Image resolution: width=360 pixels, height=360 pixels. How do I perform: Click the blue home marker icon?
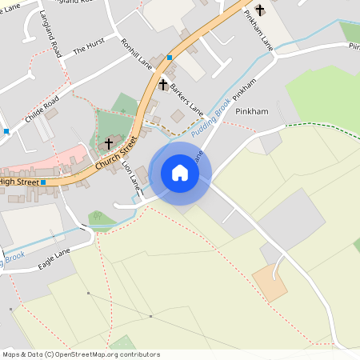[179, 173]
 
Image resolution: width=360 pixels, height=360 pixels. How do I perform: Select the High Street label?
[18, 182]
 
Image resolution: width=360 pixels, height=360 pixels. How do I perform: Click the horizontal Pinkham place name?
[251, 111]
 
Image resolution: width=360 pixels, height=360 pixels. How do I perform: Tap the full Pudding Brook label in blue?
[210, 112]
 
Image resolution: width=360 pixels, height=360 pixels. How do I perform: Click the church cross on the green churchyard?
[109, 144]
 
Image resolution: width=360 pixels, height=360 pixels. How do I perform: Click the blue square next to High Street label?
[44, 182]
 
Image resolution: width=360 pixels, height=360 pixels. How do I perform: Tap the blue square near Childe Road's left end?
[6, 130]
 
